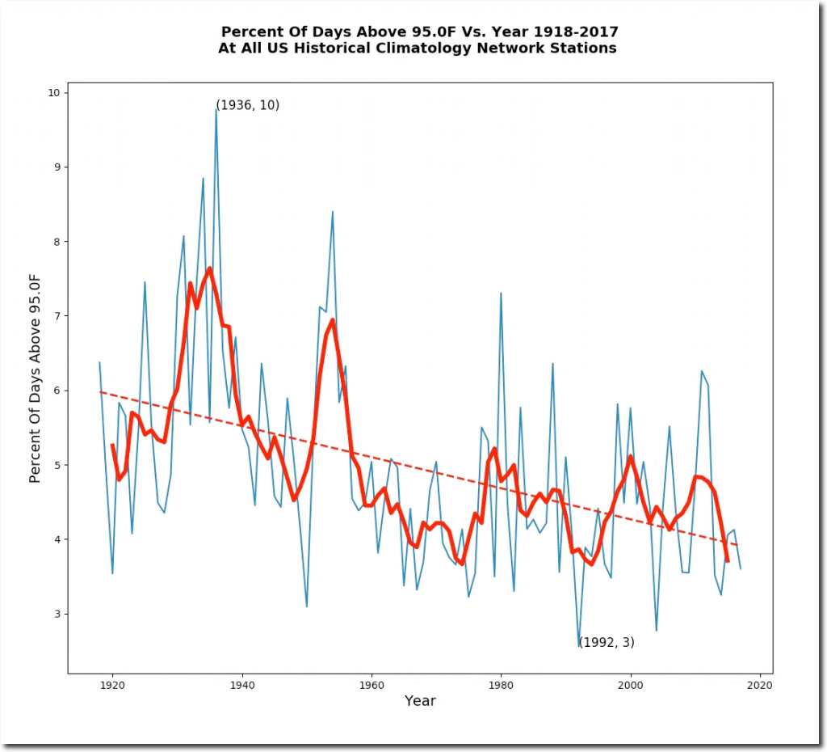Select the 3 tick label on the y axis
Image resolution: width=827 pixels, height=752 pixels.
pos(57,614)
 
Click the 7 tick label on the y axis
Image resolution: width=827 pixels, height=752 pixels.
pos(57,316)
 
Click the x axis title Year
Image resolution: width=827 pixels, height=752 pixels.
pos(420,701)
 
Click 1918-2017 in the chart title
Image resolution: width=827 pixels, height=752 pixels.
pos(565,32)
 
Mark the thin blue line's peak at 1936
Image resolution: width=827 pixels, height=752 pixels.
pos(216,108)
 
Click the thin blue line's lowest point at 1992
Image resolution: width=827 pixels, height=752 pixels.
pos(579,646)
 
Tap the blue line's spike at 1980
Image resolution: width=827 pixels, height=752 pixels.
pos(501,293)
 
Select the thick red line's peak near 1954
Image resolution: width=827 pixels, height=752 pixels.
pos(332,320)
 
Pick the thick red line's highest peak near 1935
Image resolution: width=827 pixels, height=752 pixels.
pos(209,268)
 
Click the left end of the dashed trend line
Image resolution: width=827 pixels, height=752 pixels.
pos(99,391)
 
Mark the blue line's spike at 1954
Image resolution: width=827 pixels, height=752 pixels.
pos(332,212)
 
